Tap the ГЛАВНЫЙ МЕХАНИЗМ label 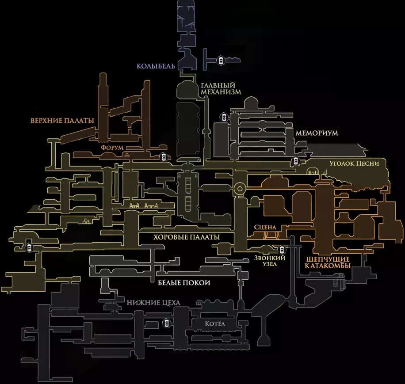coord(221,88)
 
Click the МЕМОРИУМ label coord(317,133)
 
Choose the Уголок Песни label coord(354,163)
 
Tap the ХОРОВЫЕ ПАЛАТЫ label coord(187,237)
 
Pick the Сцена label coord(265,227)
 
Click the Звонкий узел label coord(270,261)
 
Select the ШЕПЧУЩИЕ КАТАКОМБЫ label coord(327,262)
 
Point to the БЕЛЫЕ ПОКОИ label coord(183,283)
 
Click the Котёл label coord(215,324)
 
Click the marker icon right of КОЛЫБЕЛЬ coord(220,60)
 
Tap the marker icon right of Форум coord(163,157)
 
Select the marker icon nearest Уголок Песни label coord(295,161)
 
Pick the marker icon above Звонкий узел coord(279,250)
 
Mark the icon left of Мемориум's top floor coord(224,117)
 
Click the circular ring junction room coord(239,189)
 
